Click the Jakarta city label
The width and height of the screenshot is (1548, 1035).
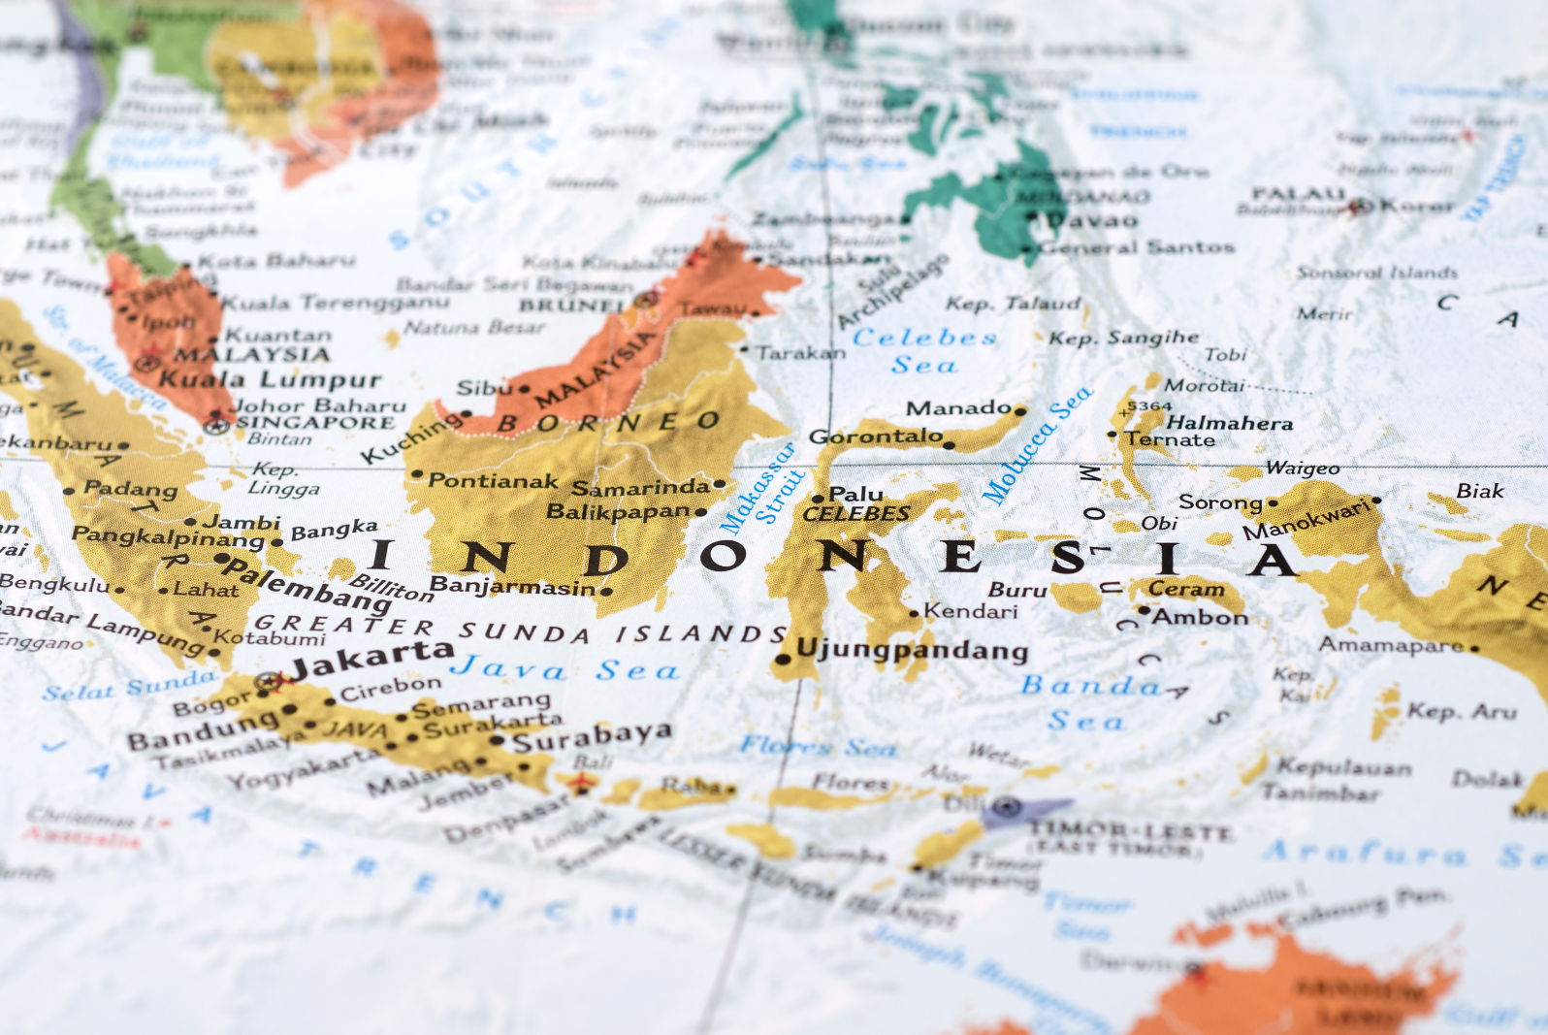[372, 660]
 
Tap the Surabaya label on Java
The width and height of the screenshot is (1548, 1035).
[592, 737]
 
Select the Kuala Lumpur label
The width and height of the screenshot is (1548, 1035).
[270, 379]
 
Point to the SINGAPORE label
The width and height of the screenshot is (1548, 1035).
[316, 422]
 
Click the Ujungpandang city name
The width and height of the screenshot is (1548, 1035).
[912, 649]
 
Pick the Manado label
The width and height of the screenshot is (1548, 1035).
[958, 407]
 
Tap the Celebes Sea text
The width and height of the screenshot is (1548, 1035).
[924, 350]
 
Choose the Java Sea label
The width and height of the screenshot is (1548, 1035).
[564, 668]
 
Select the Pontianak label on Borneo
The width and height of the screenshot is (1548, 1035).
[494, 480]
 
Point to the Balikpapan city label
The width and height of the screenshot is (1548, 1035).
[618, 511]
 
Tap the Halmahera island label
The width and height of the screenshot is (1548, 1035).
[1229, 423]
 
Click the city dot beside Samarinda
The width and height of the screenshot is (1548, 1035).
[719, 484]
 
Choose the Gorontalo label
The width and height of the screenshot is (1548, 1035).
[876, 437]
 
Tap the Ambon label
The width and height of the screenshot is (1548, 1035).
[1200, 617]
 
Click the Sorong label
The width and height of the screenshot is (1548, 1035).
[1220, 502]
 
